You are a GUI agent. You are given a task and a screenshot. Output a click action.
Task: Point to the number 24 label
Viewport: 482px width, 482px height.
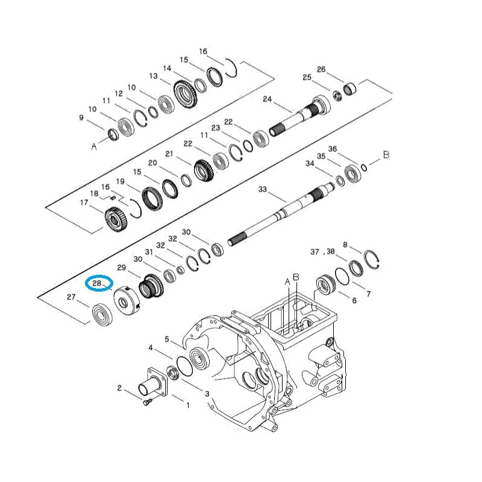(x=268, y=99)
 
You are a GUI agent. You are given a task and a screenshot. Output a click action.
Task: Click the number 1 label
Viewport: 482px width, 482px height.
(x=187, y=405)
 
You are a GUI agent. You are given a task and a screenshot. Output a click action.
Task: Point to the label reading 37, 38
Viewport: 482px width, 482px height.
(x=322, y=251)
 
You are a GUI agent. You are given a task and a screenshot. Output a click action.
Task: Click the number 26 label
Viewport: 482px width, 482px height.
(x=321, y=70)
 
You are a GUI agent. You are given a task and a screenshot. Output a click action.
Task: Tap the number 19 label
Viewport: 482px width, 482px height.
(x=120, y=181)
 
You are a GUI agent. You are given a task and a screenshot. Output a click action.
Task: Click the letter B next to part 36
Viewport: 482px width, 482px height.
(x=386, y=155)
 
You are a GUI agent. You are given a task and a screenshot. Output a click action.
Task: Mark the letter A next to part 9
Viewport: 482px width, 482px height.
(x=93, y=146)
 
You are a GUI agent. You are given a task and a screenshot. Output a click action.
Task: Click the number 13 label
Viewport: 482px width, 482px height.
(x=153, y=77)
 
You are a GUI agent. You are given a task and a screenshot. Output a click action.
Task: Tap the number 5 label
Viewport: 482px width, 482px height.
(x=167, y=339)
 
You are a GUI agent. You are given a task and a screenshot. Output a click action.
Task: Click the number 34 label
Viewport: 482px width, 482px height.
(x=310, y=163)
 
